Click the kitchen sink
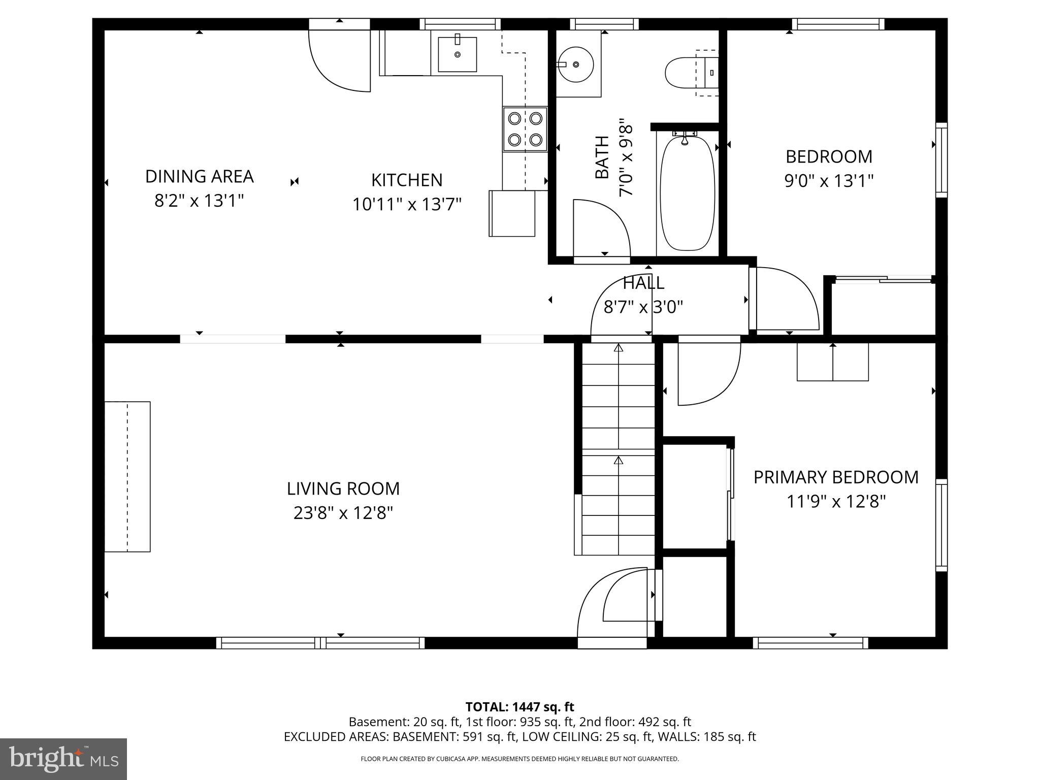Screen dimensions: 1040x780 point(457,54)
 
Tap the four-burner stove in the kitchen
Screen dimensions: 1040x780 point(525,129)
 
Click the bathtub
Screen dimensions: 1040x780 point(687,193)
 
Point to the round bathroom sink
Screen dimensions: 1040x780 point(576,64)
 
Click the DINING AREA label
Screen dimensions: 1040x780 point(200,176)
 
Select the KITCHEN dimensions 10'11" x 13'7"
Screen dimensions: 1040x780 point(407,204)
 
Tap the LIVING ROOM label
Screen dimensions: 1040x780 point(343,489)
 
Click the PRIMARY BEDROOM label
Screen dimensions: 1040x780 point(836,477)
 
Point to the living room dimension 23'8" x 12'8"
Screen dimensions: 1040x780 point(343,513)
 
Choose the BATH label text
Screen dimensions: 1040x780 point(602,157)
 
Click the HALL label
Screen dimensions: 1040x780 point(643,282)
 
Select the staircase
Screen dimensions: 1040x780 point(619,449)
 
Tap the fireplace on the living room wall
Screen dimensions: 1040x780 point(127,476)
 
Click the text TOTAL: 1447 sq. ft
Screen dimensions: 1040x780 point(519,707)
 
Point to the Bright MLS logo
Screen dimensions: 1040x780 point(63,759)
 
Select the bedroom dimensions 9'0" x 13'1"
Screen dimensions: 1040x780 point(829,181)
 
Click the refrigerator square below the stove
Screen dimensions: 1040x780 point(512,213)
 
